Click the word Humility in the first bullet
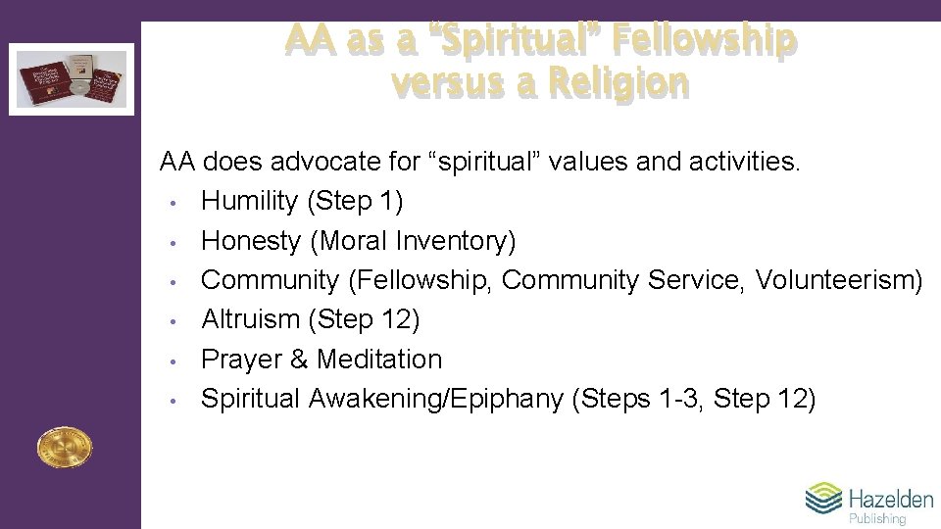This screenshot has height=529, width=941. (249, 201)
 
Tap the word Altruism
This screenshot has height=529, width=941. (250, 319)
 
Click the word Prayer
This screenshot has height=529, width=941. (240, 360)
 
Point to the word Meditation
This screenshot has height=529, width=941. (379, 360)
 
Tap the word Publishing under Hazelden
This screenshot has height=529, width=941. (877, 519)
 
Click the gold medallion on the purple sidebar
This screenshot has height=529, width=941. (64, 447)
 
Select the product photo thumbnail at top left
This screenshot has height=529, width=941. (72, 79)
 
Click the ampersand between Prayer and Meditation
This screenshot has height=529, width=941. (298, 360)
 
